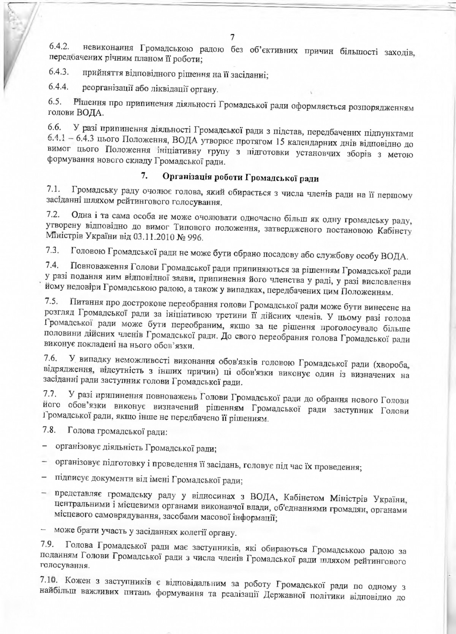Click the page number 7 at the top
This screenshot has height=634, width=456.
(233, 37)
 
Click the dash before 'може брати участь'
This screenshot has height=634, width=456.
(44, 530)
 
